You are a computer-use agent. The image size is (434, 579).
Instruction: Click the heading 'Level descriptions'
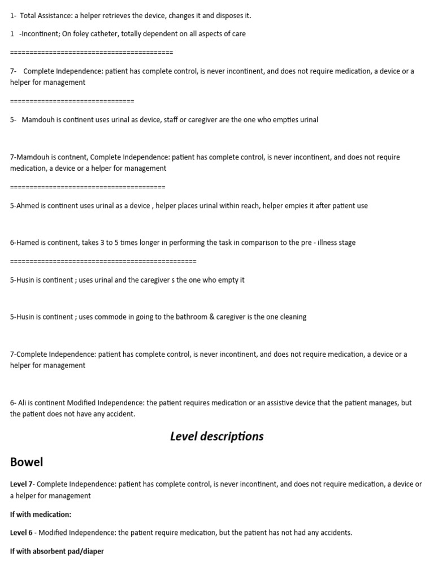pyautogui.click(x=216, y=437)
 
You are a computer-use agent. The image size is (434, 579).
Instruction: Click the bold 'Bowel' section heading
pyautogui.click(x=27, y=462)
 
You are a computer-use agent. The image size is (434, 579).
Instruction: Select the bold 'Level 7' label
pyautogui.click(x=22, y=485)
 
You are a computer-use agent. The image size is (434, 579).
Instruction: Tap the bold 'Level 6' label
pyautogui.click(x=22, y=533)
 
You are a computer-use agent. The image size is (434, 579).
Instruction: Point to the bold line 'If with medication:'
pyautogui.click(x=41, y=515)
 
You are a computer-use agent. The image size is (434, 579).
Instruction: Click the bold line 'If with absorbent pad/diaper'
pyautogui.click(x=57, y=551)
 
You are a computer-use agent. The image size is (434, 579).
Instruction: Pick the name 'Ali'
pyautogui.click(x=23, y=403)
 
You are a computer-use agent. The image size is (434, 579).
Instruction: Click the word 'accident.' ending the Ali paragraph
pyautogui.click(x=121, y=414)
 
